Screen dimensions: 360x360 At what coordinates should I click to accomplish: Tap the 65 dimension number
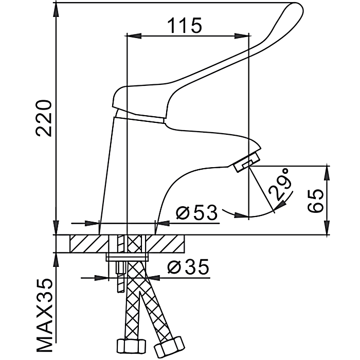coord(318,201)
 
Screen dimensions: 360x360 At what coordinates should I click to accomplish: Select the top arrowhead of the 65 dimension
coord(326,173)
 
